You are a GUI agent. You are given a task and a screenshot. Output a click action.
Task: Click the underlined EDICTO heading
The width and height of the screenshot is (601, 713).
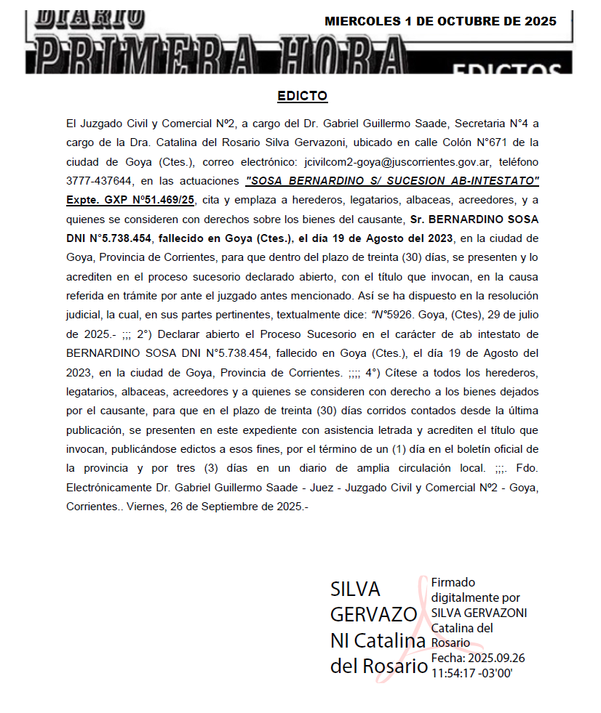tap(303, 96)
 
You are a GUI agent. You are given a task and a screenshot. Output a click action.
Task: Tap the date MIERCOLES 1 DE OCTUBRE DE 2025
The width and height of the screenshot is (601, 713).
tap(440, 21)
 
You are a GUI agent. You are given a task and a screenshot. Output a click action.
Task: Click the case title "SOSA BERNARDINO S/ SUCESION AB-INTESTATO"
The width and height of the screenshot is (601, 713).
tap(393, 180)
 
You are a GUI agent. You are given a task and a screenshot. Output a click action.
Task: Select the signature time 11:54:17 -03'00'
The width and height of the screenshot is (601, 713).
tap(472, 673)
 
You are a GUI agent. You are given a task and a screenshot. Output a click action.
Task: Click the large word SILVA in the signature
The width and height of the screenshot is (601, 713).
tap(355, 589)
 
